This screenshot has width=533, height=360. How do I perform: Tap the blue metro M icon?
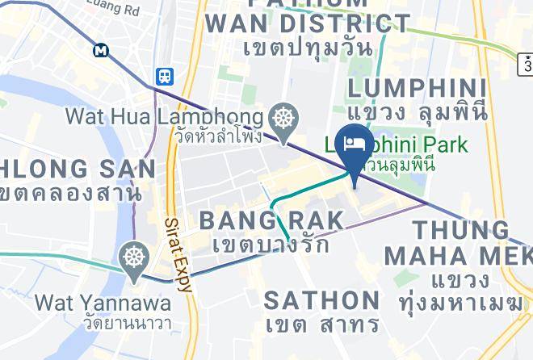[x=101, y=50]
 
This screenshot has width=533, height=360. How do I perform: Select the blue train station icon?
[x=165, y=76]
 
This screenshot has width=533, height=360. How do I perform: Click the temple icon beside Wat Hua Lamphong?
[x=285, y=118]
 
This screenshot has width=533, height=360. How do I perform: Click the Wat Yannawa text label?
[x=103, y=303]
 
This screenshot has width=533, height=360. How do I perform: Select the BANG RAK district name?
[x=271, y=220]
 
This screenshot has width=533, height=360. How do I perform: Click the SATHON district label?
[x=322, y=300]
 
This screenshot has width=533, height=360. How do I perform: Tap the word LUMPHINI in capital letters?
[x=417, y=88]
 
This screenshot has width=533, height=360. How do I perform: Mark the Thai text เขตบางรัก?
[x=271, y=243]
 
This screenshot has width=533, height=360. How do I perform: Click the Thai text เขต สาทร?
[x=323, y=324]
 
